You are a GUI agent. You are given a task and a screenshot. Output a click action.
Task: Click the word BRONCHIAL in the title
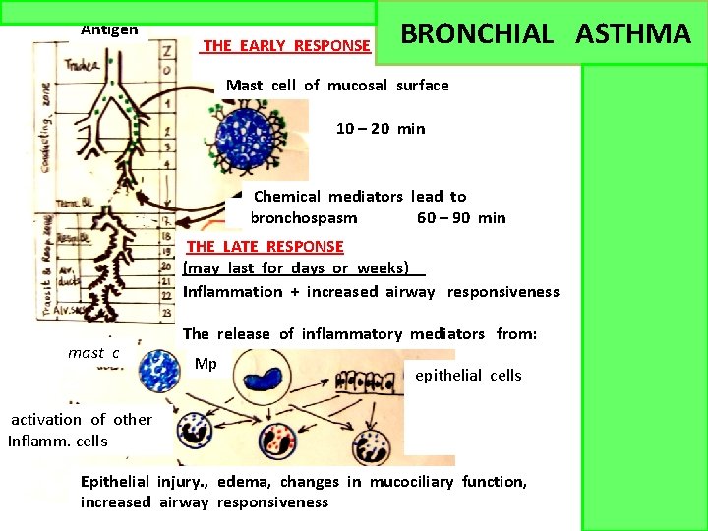point(478,34)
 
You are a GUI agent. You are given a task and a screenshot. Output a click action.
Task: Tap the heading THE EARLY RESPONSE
point(286,45)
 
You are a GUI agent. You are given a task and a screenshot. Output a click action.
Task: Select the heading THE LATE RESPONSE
point(265,247)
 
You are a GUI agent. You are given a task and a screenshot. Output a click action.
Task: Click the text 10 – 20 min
point(381,129)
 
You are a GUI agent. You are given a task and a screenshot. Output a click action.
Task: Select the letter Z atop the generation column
point(166,69)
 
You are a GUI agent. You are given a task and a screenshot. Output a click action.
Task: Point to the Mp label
point(206,365)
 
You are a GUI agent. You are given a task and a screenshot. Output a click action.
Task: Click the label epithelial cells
point(468,376)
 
